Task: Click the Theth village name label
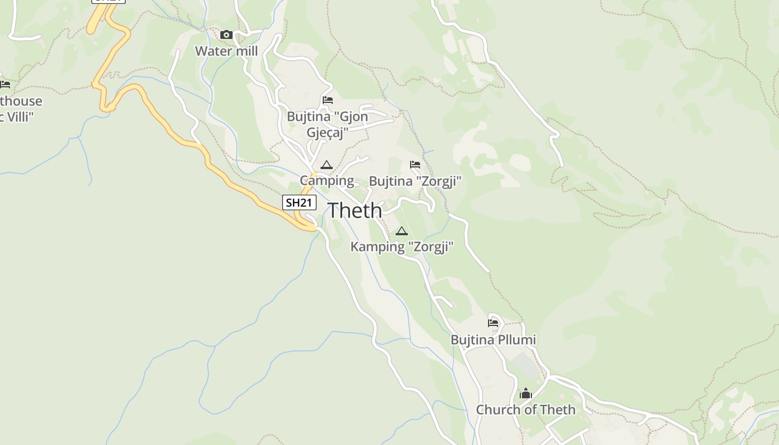pos(355,211)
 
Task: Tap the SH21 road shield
pos(299,202)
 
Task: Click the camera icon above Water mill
pos(226,35)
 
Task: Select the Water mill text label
pos(226,51)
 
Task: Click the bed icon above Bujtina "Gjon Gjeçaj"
pos(328,100)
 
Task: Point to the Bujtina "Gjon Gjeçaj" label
pos(328,125)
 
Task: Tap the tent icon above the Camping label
pos(327,165)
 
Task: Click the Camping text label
pos(327,180)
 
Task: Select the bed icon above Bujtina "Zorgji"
pos(415,165)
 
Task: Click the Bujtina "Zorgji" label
pos(415,181)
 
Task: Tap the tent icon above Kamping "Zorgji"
pos(402,231)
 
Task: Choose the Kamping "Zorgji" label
pos(402,246)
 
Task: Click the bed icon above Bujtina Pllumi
pos(493,323)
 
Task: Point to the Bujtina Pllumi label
pos(493,340)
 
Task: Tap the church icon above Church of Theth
pos(526,394)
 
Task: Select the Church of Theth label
pos(526,410)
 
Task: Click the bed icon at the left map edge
pos(5,85)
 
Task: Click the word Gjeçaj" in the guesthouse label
pos(328,132)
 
